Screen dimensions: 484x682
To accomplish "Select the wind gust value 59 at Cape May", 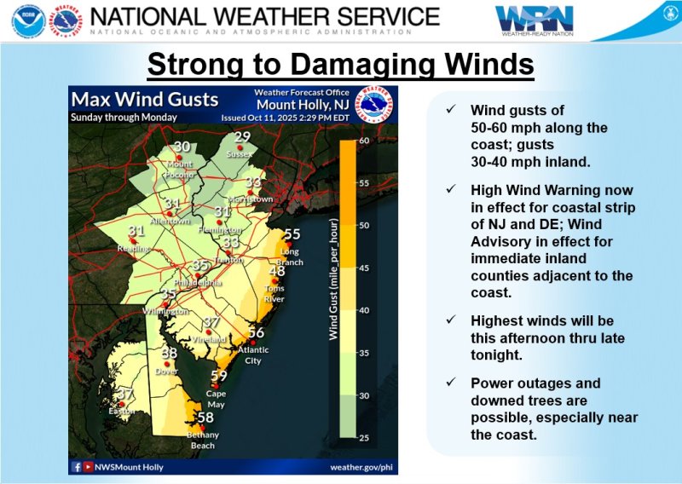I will pos(218,376).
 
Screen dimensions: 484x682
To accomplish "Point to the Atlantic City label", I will pos(253,354).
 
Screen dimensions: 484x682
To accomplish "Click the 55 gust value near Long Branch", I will pos(292,234).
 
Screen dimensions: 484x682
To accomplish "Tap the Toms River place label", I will pos(274,294).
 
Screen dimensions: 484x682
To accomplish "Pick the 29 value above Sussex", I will pos(243,137).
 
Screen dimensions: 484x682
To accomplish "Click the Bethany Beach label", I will pos(204,440).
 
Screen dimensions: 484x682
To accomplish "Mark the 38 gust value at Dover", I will pos(170,353).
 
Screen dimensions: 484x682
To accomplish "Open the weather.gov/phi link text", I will pos(361,466).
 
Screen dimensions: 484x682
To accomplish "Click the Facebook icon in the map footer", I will pos(78,466).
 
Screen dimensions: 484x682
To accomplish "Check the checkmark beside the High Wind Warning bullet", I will pos(449,189).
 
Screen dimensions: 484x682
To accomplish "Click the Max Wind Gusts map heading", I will pos(145,100).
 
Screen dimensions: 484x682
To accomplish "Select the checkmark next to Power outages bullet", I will pos(449,383).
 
